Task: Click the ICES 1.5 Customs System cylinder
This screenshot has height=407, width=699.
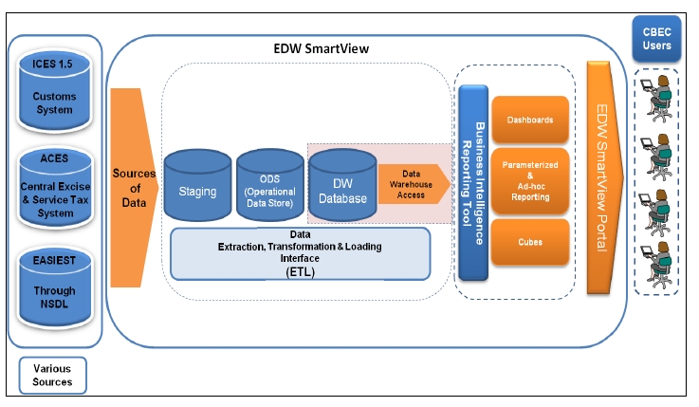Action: (54, 88)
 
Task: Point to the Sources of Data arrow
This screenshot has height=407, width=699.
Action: (134, 189)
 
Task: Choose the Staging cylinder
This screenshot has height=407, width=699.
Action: (198, 190)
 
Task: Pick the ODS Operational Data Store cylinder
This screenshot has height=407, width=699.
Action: (269, 189)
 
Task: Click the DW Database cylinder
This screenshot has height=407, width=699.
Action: (342, 189)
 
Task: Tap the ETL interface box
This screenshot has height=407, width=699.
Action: (300, 251)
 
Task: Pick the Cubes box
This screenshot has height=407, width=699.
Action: (529, 241)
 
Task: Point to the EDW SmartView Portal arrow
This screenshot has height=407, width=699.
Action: (604, 179)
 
